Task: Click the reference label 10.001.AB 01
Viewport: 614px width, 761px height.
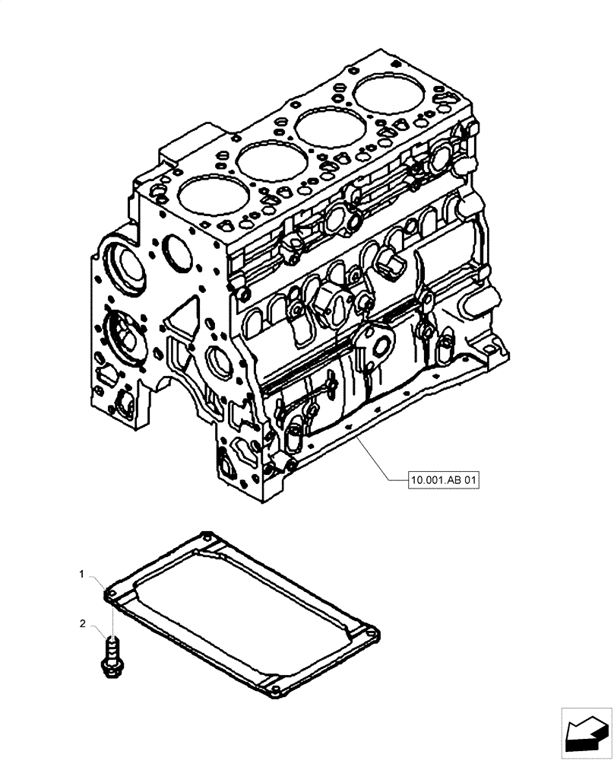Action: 445,480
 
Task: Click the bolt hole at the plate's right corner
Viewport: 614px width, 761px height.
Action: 372,631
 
